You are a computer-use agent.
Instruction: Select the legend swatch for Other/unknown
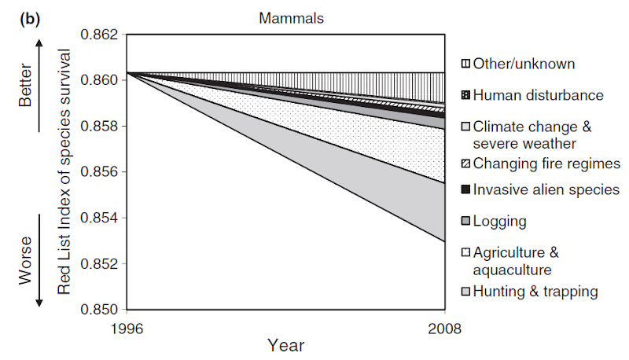[x=465, y=64]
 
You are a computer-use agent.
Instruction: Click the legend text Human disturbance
[x=539, y=95]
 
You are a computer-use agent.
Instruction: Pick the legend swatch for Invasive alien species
[x=465, y=189]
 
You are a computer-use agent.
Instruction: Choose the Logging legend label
[x=499, y=221]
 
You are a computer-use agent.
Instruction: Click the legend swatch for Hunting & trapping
[x=465, y=292]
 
